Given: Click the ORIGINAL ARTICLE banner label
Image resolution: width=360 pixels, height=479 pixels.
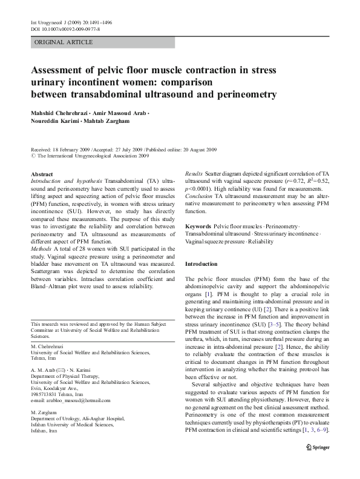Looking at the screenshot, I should pyautogui.click(x=64, y=42).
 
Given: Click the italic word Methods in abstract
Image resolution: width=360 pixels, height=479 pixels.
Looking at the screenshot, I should pyautogui.click(x=43, y=249).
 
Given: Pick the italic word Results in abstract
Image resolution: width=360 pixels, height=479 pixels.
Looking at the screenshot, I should pyautogui.click(x=194, y=174).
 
